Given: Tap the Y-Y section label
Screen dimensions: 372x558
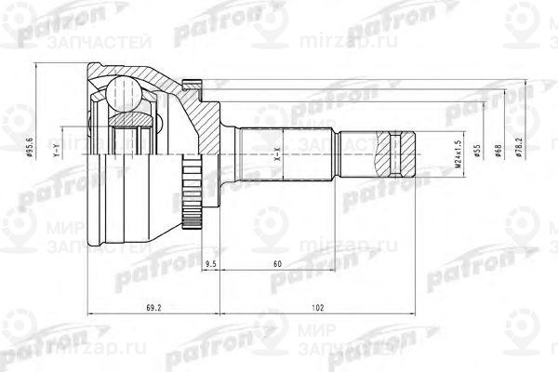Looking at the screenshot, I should (x=57, y=149).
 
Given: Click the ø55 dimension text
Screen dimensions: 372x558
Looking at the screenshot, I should (x=476, y=153).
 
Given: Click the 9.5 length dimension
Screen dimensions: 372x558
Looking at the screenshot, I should (x=210, y=265).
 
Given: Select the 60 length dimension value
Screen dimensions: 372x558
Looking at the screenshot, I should (x=277, y=265).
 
